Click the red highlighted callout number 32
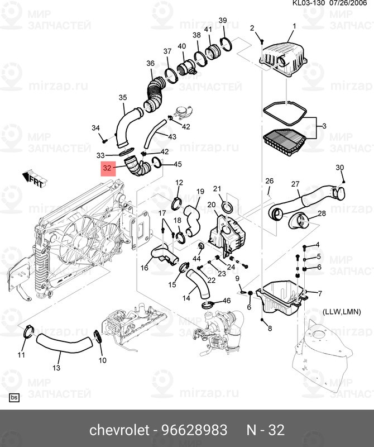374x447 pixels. coord(108,168)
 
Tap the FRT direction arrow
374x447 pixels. coord(33,179)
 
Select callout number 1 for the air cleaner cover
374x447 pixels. coord(294,26)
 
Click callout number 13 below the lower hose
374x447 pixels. coord(56,368)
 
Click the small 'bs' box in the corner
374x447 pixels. coord(14,398)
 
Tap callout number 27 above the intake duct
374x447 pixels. coord(295,185)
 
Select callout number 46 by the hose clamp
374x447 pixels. coord(227,301)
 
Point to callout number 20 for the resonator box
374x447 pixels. coord(212,205)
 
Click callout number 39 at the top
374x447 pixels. coord(222,21)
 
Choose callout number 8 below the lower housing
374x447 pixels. coord(270,328)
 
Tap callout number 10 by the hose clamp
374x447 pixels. coord(102,360)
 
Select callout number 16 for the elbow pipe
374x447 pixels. coord(144,268)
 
